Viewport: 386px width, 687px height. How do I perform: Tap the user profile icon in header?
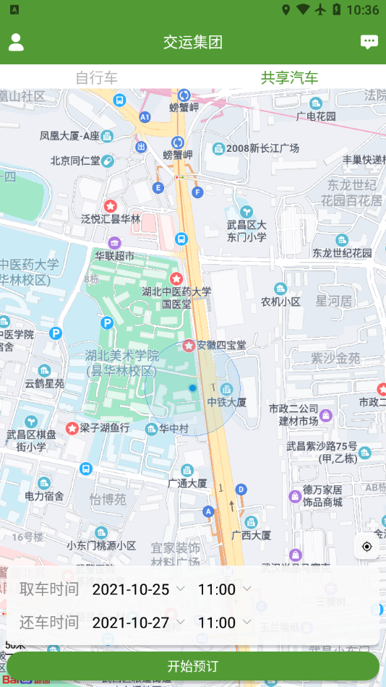(x=16, y=42)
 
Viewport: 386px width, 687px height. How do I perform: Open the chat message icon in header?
(x=369, y=42)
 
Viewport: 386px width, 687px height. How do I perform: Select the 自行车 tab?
(x=96, y=78)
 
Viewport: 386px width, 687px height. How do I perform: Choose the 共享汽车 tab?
(x=289, y=78)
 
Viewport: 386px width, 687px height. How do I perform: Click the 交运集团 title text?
(x=193, y=42)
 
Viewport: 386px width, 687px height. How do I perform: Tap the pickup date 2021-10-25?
(x=131, y=589)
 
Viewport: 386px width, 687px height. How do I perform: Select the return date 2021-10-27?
(x=131, y=623)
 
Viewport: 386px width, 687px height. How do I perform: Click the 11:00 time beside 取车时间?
(x=217, y=589)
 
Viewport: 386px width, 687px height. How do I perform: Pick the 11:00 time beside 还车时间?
(x=217, y=623)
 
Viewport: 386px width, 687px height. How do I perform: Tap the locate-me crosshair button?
(x=367, y=546)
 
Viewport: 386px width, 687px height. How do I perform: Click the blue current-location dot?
(x=192, y=388)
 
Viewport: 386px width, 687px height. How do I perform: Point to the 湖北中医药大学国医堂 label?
(x=176, y=297)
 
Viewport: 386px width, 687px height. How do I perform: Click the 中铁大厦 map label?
(x=227, y=402)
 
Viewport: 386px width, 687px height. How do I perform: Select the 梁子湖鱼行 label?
(x=104, y=428)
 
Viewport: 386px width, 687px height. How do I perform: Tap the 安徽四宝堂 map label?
(x=221, y=345)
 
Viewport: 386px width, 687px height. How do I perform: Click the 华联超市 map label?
(x=114, y=255)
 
